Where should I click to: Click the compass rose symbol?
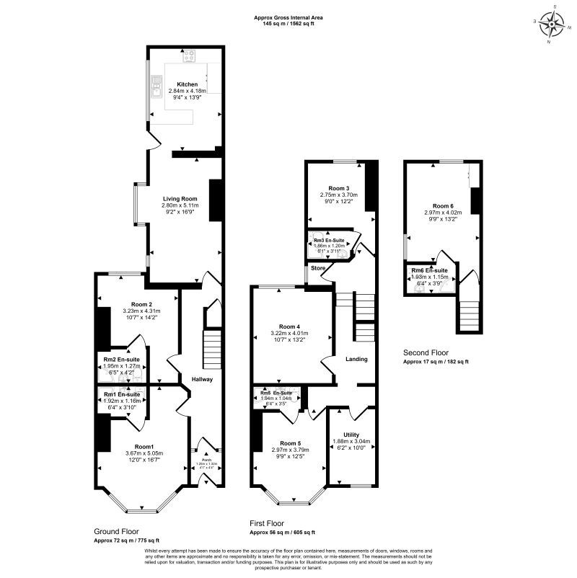(x=553, y=25)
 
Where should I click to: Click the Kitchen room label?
(x=188, y=84)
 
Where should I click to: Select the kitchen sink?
(x=156, y=91)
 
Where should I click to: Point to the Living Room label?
(x=180, y=198)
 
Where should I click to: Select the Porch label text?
(x=207, y=459)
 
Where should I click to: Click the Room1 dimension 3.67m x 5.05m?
(x=144, y=453)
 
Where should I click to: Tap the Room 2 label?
(x=142, y=304)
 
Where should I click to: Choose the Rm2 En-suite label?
(x=121, y=359)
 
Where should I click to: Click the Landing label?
(x=356, y=359)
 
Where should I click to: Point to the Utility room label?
(x=351, y=435)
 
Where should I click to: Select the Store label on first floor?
(x=319, y=268)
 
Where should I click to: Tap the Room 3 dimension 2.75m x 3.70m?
(x=339, y=195)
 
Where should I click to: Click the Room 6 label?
(x=444, y=205)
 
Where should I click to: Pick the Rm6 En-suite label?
(x=429, y=271)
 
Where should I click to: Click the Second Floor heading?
(x=426, y=353)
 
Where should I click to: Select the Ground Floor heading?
(x=118, y=531)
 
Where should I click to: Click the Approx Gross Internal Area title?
(x=288, y=17)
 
